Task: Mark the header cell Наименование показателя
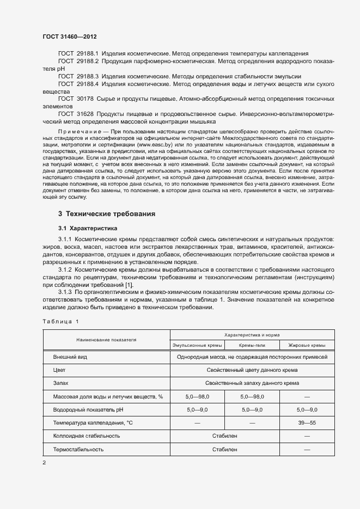coord(106,340)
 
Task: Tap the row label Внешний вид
coord(70,357)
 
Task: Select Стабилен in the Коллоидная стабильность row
coord(224,436)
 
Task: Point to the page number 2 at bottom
coord(44,463)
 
